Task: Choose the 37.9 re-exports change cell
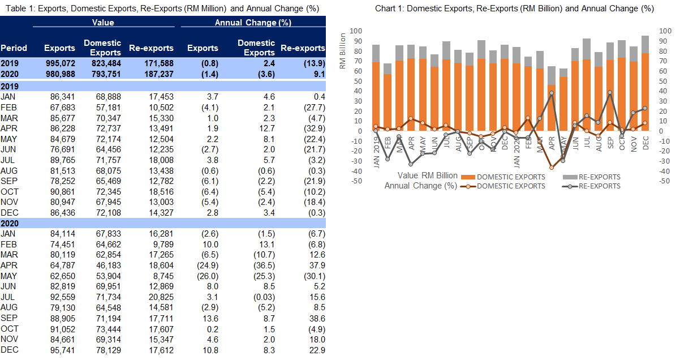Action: point(315,264)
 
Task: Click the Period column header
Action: point(14,48)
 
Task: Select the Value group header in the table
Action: point(103,23)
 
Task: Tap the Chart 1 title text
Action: point(514,8)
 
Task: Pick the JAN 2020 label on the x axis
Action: point(516,152)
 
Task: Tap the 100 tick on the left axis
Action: point(357,31)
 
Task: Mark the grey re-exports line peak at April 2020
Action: point(552,93)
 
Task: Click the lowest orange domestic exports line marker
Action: point(552,168)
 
